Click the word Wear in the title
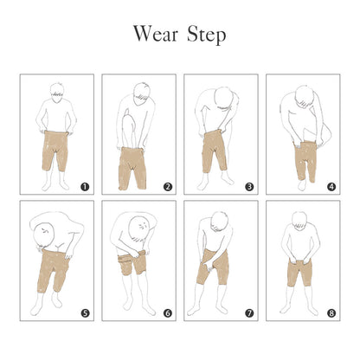point(156,34)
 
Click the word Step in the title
point(207,35)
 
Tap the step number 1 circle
point(85,187)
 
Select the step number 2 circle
point(168,187)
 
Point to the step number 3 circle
point(249,187)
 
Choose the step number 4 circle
point(331,187)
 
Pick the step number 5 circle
point(85,313)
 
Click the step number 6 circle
point(168,313)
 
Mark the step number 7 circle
point(249,313)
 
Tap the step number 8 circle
point(331,313)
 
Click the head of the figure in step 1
point(57,93)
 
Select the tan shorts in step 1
point(55,151)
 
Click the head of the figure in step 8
point(299,222)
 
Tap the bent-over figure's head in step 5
point(44,233)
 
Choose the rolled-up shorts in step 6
point(132,262)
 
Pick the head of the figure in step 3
point(224,97)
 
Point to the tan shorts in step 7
point(213,267)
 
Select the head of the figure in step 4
point(305,97)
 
